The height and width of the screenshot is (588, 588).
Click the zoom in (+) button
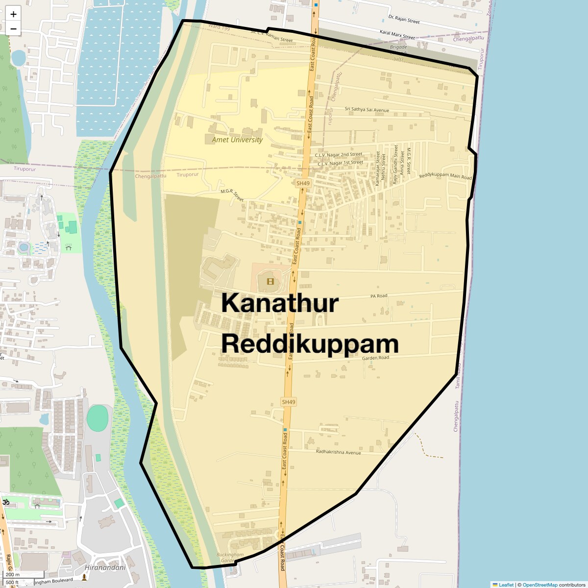point(13,14)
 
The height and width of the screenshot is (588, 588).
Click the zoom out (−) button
point(13,28)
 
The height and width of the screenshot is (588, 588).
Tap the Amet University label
point(237,140)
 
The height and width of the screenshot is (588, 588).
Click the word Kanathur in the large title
point(280,303)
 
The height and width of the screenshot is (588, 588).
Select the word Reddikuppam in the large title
point(310,344)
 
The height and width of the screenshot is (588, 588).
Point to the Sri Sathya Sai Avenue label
point(367,110)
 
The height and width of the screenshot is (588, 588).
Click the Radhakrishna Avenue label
point(338,452)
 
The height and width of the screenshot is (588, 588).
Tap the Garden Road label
point(375,358)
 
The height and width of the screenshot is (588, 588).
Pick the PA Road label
point(379,296)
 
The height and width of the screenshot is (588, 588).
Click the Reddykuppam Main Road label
point(445,176)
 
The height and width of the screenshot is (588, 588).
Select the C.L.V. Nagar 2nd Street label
point(339,155)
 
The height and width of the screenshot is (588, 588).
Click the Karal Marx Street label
point(397,34)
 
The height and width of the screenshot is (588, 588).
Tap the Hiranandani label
point(105,567)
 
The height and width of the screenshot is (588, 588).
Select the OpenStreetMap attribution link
point(539,585)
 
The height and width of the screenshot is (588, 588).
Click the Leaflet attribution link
point(506,585)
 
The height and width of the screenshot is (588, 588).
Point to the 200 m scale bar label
point(13,574)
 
